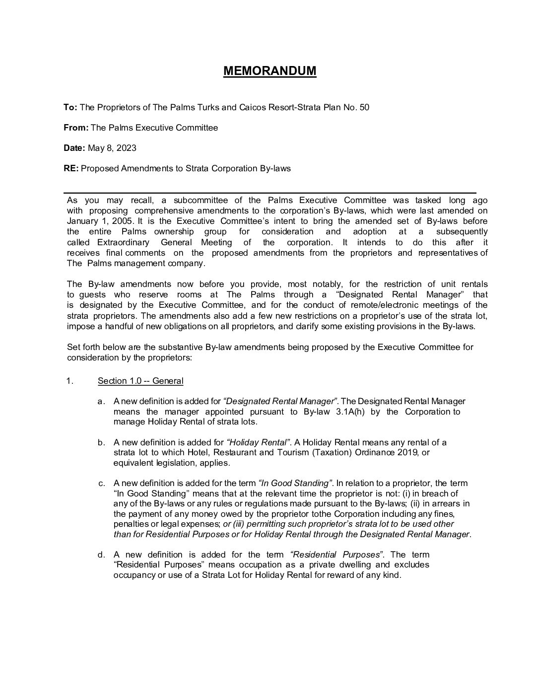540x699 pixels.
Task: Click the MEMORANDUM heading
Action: click(x=270, y=71)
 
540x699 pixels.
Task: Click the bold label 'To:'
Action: click(x=70, y=107)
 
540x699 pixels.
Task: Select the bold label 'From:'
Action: click(x=76, y=128)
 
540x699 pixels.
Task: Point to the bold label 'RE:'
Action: click(x=71, y=168)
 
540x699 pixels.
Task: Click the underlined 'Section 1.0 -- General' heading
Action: click(x=140, y=381)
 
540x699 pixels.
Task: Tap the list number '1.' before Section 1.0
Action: click(x=69, y=381)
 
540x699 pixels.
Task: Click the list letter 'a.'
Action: click(x=101, y=402)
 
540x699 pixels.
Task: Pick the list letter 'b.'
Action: click(x=101, y=442)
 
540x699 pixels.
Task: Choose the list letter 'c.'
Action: click(x=101, y=483)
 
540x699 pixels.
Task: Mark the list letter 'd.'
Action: click(x=101, y=555)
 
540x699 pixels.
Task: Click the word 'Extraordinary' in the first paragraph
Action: click(x=123, y=242)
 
